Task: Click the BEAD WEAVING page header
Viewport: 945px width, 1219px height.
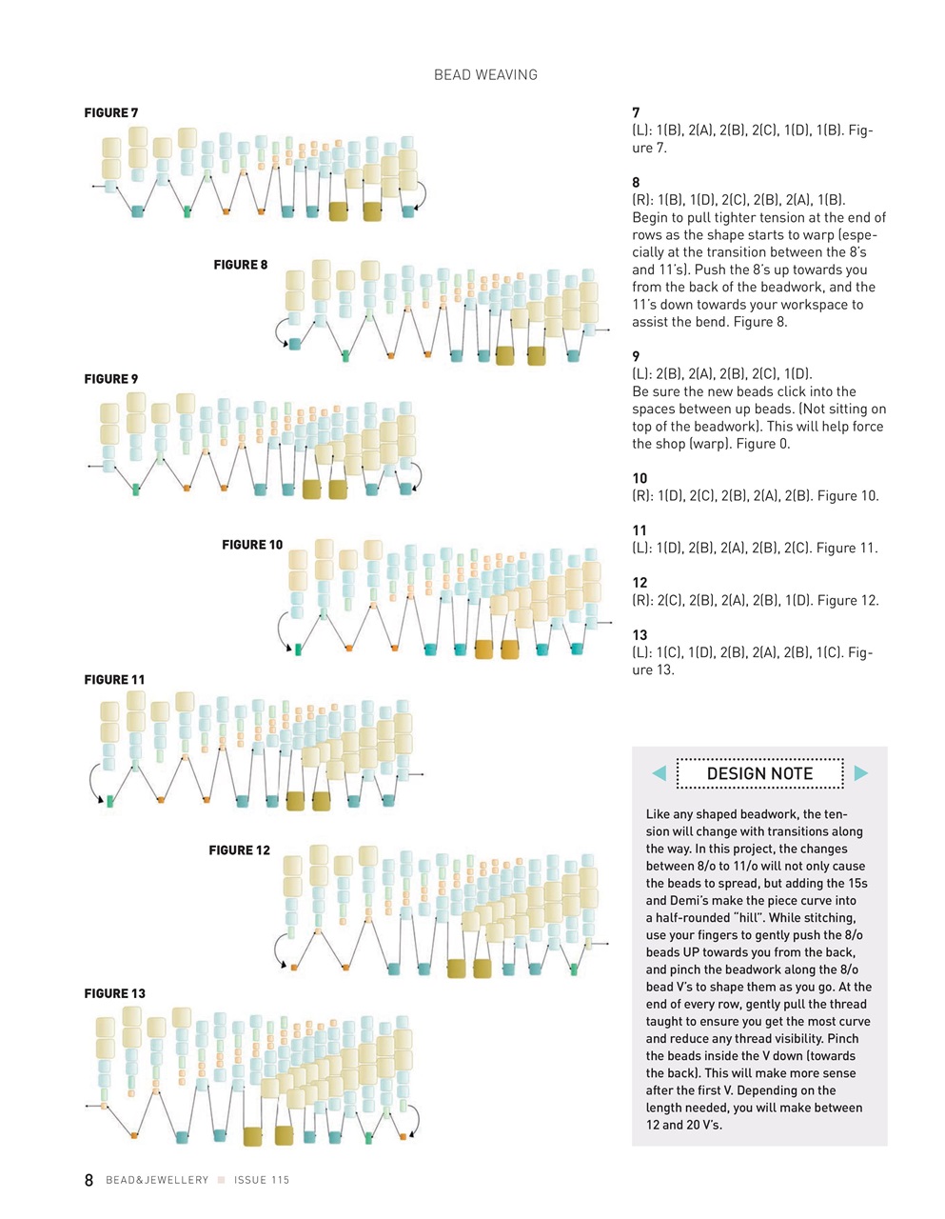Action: point(485,74)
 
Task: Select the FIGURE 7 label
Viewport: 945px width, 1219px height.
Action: point(111,112)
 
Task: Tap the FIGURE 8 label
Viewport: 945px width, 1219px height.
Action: point(241,265)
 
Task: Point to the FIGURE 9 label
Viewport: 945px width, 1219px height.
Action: point(111,379)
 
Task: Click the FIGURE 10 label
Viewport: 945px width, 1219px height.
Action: point(252,545)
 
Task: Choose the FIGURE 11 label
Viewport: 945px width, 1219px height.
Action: point(114,680)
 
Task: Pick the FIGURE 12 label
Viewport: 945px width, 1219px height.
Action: point(239,850)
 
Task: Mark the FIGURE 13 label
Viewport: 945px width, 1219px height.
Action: point(115,993)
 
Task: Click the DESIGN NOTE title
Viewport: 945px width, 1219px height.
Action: point(759,773)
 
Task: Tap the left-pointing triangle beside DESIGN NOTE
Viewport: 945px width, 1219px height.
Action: point(659,773)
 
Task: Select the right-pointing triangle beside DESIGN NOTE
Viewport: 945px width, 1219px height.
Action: point(861,773)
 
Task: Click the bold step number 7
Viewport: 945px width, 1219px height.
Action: point(636,113)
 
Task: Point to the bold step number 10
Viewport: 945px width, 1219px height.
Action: point(640,478)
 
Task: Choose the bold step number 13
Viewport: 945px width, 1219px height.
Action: point(640,635)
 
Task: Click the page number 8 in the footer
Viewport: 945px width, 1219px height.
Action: point(89,1180)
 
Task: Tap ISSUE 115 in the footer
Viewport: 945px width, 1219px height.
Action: point(262,1180)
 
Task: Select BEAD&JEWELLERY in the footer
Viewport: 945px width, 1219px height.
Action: point(157,1180)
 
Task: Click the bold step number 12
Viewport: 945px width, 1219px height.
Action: point(640,583)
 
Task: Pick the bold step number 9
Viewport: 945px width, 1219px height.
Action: point(636,356)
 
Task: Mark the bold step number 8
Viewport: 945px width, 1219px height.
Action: point(636,182)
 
